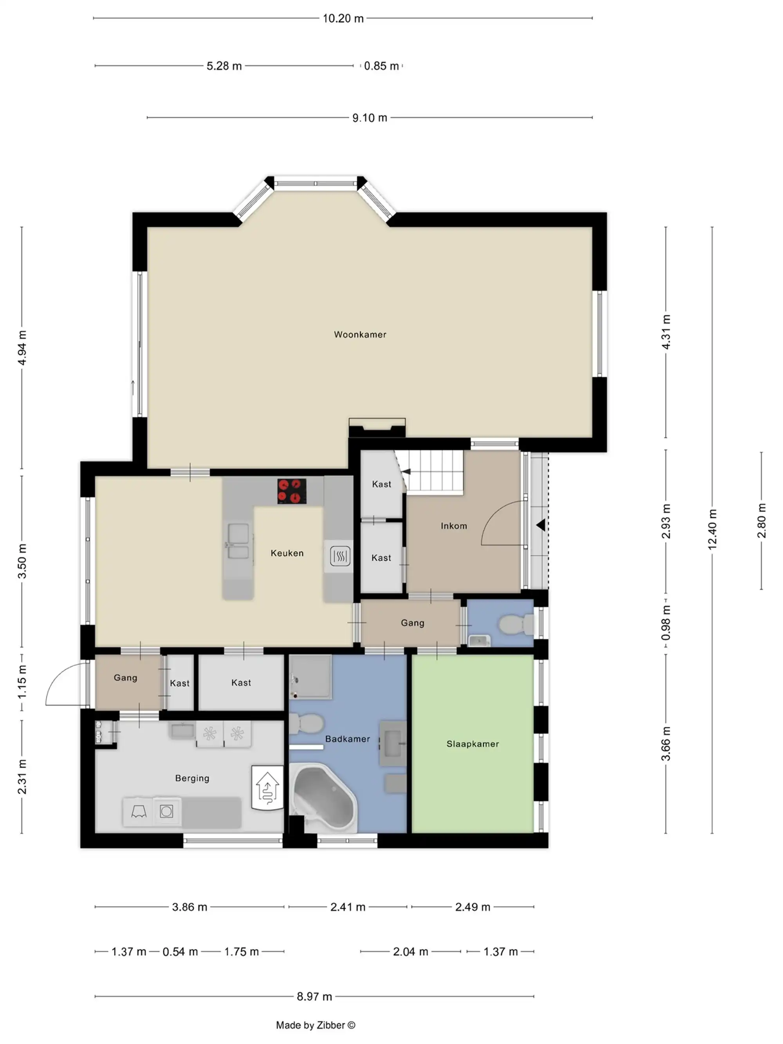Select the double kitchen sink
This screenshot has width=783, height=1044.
coord(238,541)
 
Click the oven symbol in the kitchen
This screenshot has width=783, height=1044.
coord(339,556)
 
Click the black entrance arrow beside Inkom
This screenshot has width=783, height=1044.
coord(540,525)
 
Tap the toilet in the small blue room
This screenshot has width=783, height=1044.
coord(516,624)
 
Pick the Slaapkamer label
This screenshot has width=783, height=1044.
coord(473,744)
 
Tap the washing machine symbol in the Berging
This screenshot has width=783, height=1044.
coord(166,811)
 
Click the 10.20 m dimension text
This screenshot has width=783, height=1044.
coord(343,18)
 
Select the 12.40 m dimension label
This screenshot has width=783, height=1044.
coord(712,529)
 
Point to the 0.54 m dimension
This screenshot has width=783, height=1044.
coord(180,952)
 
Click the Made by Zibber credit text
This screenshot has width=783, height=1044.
coord(315,1025)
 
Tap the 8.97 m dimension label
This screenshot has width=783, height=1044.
coord(314,996)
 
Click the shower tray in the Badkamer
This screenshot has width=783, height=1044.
coord(310,676)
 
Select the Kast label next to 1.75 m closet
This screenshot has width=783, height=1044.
coord(241,683)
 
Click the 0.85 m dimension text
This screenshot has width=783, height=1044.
coord(381,66)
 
